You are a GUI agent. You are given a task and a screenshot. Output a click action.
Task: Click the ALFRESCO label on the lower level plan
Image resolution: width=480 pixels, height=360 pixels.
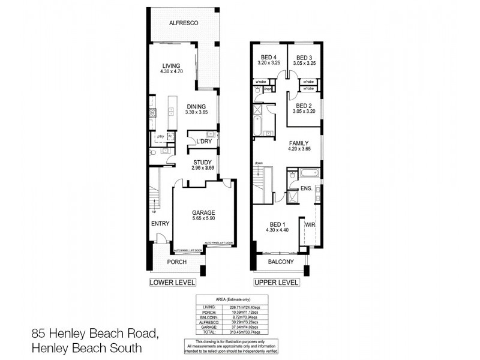[183, 23]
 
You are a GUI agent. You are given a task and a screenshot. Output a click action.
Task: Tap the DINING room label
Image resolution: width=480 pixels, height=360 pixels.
[196, 107]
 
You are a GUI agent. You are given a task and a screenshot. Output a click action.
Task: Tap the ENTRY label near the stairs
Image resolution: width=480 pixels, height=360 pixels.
[160, 223]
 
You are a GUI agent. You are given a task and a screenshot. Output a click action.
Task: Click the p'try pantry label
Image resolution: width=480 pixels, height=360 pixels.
[160, 137]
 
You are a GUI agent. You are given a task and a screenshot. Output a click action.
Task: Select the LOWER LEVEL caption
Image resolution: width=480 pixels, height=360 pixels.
[173, 282]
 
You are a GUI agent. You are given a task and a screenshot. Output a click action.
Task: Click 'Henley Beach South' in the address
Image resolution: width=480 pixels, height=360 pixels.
[87, 346]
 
